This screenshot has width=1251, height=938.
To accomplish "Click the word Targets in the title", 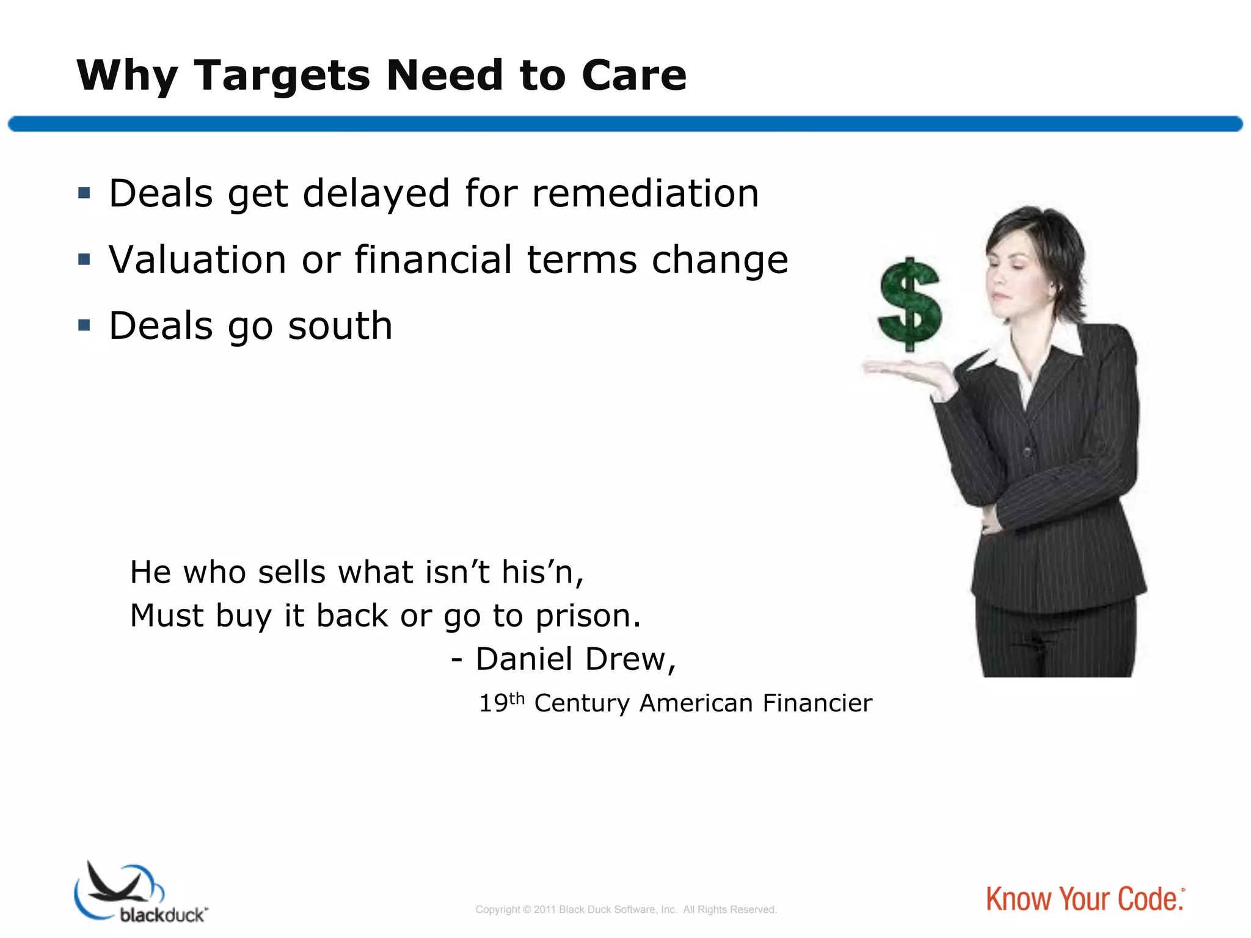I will [282, 76].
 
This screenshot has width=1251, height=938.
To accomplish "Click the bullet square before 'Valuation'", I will [84, 260].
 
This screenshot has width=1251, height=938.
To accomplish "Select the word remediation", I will [645, 194].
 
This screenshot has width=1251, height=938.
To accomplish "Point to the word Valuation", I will [197, 260].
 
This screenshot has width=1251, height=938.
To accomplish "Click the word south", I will [340, 325].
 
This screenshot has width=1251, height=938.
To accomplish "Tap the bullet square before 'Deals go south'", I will [84, 325].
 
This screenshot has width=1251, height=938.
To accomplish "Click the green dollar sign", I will [910, 304].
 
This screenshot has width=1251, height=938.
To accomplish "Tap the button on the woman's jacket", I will [1028, 453].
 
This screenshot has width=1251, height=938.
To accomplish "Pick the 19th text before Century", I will [501, 702].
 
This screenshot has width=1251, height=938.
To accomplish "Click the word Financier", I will [817, 703].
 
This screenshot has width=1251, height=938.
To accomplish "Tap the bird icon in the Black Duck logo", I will [116, 884].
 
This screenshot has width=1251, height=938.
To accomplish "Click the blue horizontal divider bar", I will [625, 124].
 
